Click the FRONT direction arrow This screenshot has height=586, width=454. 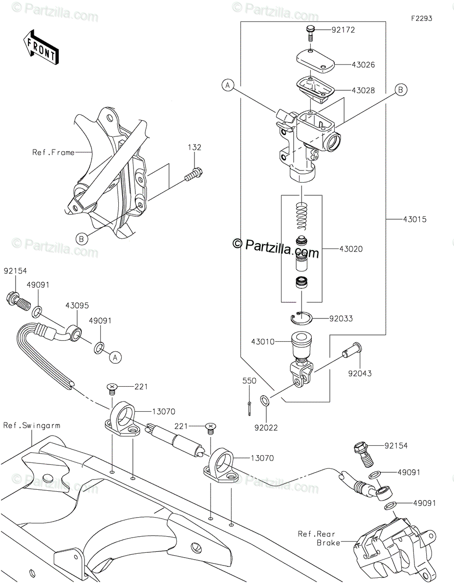tap(41, 47)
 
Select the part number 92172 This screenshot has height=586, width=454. tap(343, 30)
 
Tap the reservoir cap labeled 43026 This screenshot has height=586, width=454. tap(316, 61)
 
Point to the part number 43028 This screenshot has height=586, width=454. tap(363, 90)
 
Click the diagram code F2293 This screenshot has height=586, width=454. tap(422, 19)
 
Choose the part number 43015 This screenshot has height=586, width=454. tap(415, 219)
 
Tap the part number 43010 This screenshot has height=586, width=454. tap(263, 342)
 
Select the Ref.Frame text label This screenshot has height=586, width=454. tap(53, 152)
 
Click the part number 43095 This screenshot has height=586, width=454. tap(77, 306)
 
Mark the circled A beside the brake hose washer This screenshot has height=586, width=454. tap(115, 357)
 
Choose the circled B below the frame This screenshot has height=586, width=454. tap(82, 239)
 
